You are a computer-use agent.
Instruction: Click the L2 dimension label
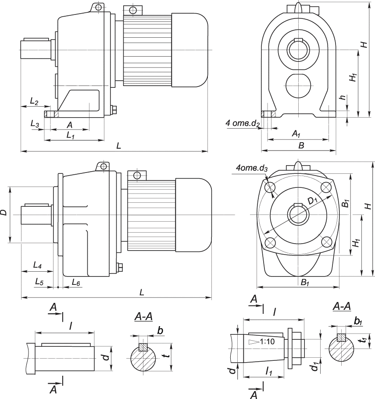pyautogui.click(x=34, y=102)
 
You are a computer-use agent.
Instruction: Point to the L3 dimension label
pyautogui.click(x=35, y=124)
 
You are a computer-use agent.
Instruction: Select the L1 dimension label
pyautogui.click(x=70, y=136)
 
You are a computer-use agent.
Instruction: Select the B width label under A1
pyautogui.click(x=301, y=145)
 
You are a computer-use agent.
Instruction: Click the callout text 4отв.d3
pyautogui.click(x=251, y=168)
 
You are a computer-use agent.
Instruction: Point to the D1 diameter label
pyautogui.click(x=313, y=200)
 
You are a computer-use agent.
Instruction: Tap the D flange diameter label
pyautogui.click(x=4, y=212)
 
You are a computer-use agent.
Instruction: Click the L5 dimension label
pyautogui.click(x=39, y=281)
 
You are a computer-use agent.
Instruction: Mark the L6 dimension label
pyautogui.click(x=76, y=281)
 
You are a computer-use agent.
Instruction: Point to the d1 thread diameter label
pyautogui.click(x=314, y=366)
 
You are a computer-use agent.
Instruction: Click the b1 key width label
pyautogui.click(x=358, y=322)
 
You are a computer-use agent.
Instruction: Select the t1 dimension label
pyautogui.click(x=362, y=340)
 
